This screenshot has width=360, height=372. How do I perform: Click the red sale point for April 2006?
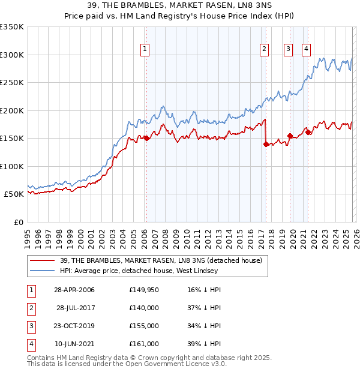[146, 138]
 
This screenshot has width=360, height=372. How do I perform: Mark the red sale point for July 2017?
[265, 144]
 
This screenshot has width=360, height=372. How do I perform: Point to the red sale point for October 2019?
[290, 136]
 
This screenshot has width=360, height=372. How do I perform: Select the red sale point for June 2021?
[307, 132]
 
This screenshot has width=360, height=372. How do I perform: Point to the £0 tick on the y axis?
[19, 222]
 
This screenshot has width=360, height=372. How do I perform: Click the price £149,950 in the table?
[143, 290]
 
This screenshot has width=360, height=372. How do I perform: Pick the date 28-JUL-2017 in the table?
[76, 308]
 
